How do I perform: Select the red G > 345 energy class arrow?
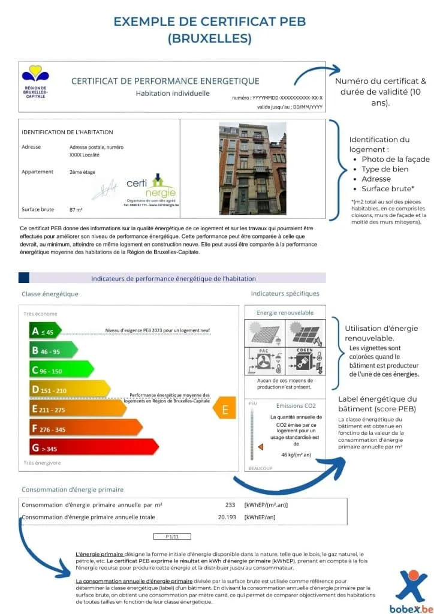point(93,447)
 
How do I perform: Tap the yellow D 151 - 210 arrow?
point(69,389)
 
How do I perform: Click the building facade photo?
point(252,168)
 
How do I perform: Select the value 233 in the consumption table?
point(230,505)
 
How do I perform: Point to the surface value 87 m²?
point(76,210)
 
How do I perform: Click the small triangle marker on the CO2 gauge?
point(261,447)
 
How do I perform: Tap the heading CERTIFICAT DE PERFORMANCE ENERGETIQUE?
point(165,81)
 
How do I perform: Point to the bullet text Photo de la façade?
point(396,159)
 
